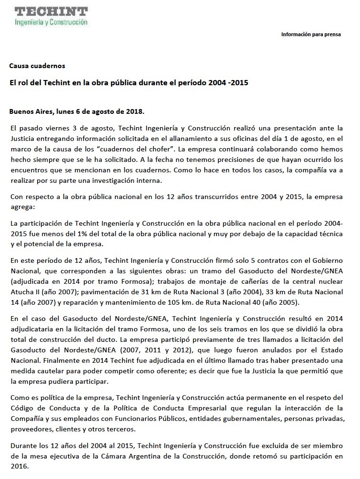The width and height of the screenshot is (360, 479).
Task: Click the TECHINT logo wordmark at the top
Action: click(51, 11)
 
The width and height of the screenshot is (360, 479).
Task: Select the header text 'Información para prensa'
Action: click(311, 34)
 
